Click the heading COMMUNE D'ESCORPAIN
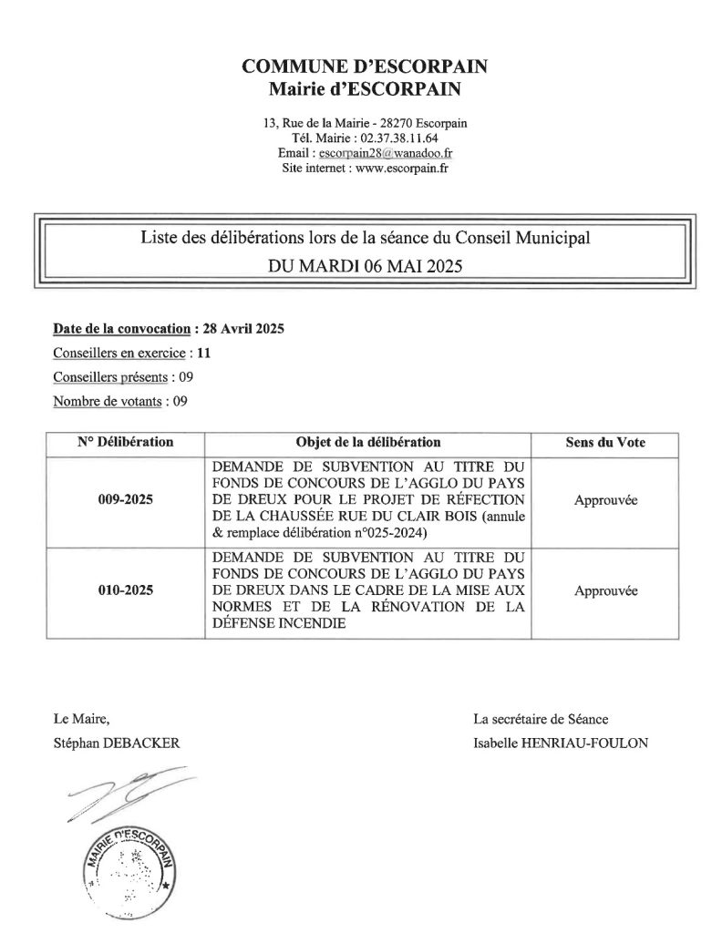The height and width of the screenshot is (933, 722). click(x=365, y=66)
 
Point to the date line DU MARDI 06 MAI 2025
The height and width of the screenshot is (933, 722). click(x=365, y=267)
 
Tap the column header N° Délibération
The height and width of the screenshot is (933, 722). click(x=126, y=443)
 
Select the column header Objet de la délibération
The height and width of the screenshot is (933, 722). click(x=368, y=443)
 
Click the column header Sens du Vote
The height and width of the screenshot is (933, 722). click(x=605, y=443)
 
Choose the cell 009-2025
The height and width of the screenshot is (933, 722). click(x=126, y=499)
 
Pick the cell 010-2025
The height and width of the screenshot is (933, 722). click(x=126, y=590)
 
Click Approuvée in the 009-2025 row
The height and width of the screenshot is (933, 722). click(x=605, y=499)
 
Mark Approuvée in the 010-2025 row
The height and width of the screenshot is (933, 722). click(x=605, y=590)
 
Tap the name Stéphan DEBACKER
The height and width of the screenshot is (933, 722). click(x=117, y=743)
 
